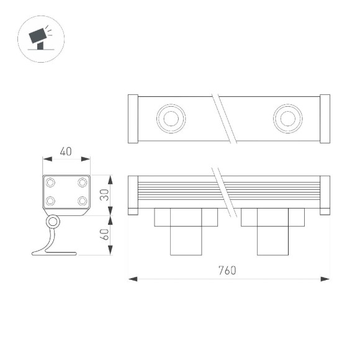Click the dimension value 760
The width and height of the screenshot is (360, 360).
coord(227,271)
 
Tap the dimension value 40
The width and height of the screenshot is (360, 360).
coord(66,151)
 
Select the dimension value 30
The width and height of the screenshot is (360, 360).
coord(104,196)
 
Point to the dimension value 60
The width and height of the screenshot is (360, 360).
coord(104,235)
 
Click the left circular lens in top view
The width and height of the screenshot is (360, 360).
coord(169,118)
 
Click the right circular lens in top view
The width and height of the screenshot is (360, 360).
coord(287,118)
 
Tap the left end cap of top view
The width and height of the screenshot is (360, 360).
coord(132,119)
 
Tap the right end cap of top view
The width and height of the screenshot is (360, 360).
coord(325,119)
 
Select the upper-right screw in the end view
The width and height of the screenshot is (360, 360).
coord(82,182)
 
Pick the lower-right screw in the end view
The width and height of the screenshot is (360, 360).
coord(82,200)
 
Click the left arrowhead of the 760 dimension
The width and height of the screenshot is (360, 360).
coord(132,279)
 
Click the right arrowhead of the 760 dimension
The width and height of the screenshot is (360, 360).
coord(326,279)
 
